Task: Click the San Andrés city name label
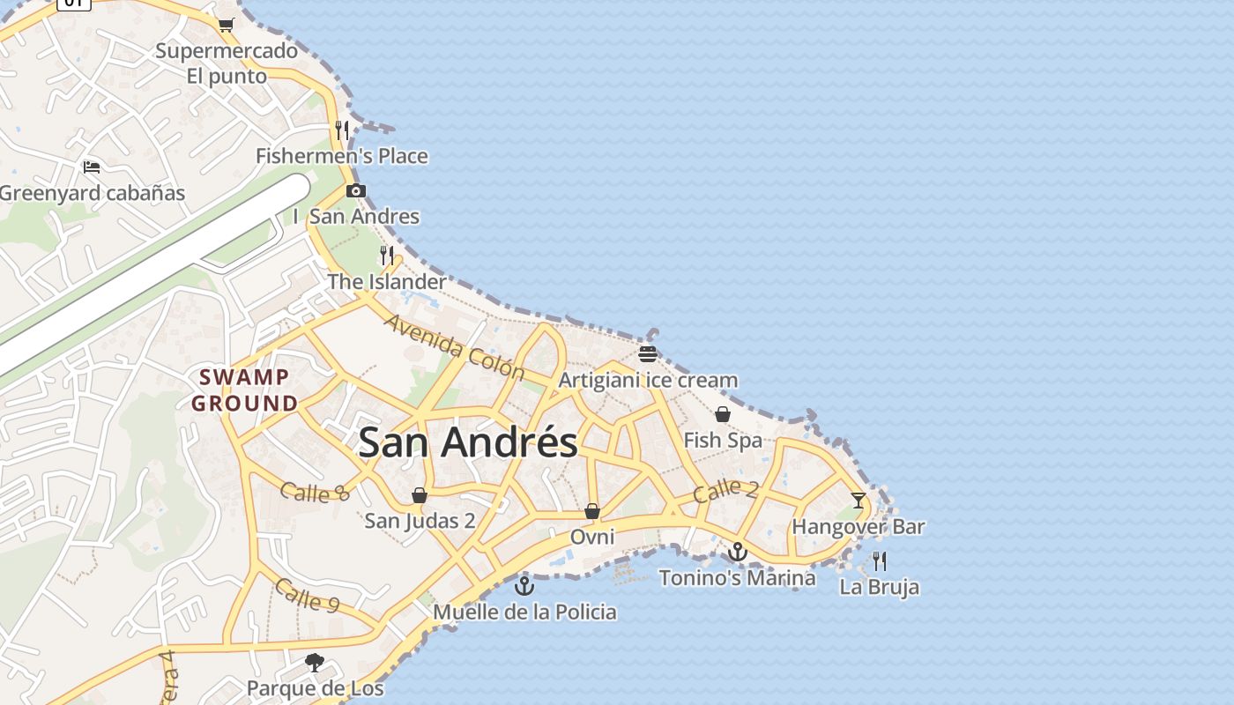click(x=468, y=442)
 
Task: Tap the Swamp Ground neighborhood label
click(x=244, y=390)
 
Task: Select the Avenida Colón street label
click(x=454, y=345)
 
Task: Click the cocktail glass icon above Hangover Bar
click(x=859, y=501)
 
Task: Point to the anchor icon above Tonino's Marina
click(x=738, y=552)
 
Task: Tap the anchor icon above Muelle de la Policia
click(x=524, y=585)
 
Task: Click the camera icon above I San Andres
click(x=356, y=190)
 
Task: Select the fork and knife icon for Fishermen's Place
click(x=342, y=130)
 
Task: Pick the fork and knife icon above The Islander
click(x=387, y=256)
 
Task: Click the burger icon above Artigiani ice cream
click(x=648, y=354)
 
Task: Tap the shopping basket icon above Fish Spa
click(x=723, y=414)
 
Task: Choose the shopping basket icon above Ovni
click(x=592, y=511)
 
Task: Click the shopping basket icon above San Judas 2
click(x=420, y=495)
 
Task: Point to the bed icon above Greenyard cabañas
click(x=92, y=167)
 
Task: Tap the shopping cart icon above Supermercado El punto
click(x=227, y=25)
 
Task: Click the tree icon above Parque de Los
click(x=315, y=662)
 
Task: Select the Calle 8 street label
click(x=315, y=492)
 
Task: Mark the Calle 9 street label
click(x=307, y=595)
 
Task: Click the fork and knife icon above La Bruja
click(x=879, y=560)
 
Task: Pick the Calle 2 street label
click(x=725, y=490)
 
